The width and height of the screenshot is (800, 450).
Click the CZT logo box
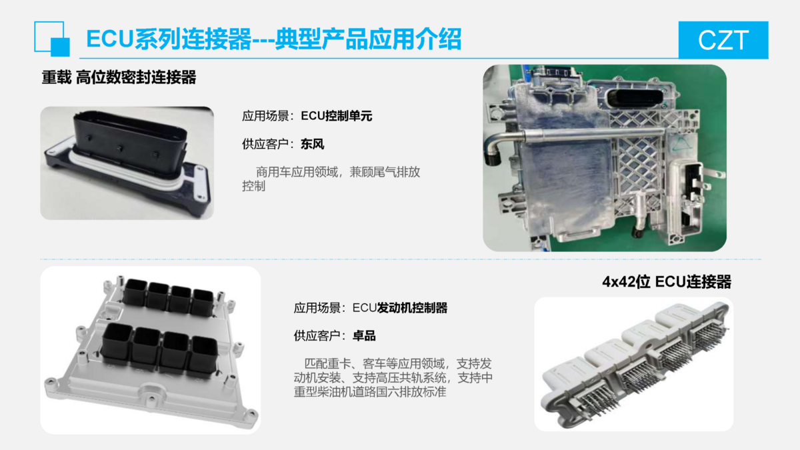click(723, 39)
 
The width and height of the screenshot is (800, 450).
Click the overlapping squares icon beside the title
click(52, 39)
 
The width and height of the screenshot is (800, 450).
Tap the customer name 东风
click(313, 144)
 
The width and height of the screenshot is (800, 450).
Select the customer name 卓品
click(364, 336)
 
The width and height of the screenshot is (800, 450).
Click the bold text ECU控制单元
click(337, 116)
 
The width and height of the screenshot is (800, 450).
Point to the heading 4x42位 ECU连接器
click(667, 282)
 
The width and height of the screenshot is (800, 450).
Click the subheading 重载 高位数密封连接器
click(119, 77)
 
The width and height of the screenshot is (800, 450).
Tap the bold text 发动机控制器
click(412, 307)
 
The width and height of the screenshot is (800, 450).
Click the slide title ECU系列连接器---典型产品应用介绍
click(274, 39)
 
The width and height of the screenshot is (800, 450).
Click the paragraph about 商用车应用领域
click(331, 179)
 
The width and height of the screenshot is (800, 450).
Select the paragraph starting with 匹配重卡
click(393, 378)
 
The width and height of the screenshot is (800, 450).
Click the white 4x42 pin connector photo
click(634, 364)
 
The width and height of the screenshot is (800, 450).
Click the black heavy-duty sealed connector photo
click(127, 163)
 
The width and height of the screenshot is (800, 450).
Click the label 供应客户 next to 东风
click(265, 144)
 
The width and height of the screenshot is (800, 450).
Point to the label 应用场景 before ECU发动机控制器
click(317, 308)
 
